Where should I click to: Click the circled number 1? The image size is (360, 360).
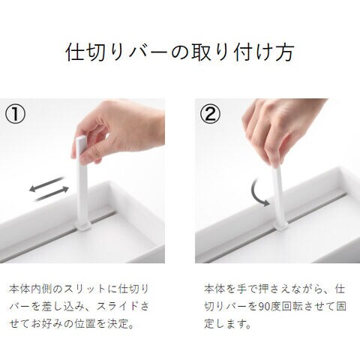click(15, 114)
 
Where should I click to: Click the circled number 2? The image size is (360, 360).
click(210, 114)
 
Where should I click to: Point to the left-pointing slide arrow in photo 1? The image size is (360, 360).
click(46, 184)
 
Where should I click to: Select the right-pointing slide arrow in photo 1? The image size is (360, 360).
click(52, 193)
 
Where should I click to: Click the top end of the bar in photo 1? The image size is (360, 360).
click(81, 137)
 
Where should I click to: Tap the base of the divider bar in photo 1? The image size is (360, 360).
click(82, 226)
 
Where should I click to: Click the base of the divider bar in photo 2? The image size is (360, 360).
click(280, 226)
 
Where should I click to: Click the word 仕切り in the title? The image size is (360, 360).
click(97, 52)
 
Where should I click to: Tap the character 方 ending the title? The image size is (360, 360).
click(284, 52)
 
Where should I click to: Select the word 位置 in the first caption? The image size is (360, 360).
click(85, 324)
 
